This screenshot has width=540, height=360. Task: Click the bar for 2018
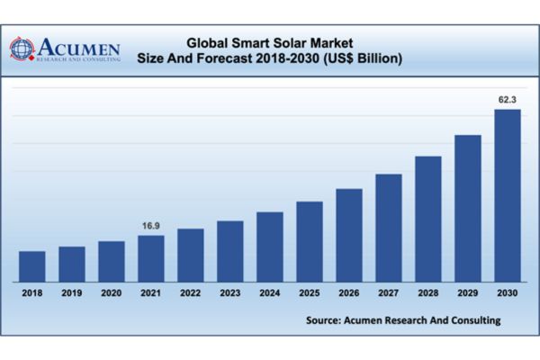(31, 265)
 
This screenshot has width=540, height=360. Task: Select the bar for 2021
(150, 258)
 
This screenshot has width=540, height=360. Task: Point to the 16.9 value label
(150, 226)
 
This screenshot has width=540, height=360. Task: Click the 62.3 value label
(508, 100)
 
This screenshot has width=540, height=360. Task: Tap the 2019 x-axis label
(71, 292)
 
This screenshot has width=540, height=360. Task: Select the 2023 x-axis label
(229, 292)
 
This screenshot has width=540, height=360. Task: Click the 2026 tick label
(348, 292)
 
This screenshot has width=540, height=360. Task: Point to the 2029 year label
(467, 292)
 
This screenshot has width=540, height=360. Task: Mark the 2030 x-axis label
(508, 292)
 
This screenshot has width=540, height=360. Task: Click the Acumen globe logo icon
(22, 48)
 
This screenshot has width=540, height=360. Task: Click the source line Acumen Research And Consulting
(402, 319)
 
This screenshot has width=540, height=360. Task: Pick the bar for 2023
(229, 251)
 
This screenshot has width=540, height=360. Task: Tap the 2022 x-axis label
(190, 292)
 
